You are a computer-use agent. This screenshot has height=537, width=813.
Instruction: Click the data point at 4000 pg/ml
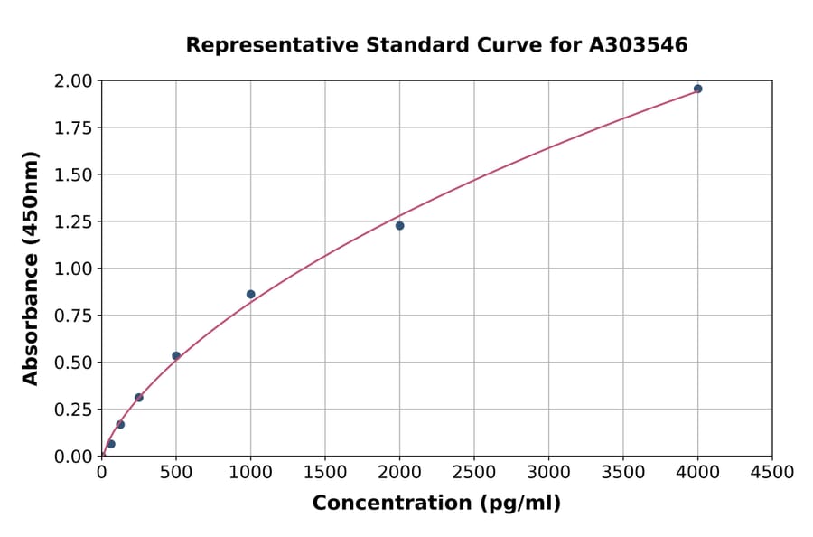(697, 89)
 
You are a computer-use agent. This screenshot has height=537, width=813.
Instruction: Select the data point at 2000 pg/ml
(399, 226)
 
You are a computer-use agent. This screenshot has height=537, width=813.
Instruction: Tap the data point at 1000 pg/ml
(250, 294)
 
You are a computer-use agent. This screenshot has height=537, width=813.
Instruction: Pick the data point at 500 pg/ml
(176, 356)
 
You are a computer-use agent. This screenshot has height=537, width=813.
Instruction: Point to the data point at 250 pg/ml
(139, 398)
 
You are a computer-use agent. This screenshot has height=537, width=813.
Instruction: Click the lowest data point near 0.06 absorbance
(111, 444)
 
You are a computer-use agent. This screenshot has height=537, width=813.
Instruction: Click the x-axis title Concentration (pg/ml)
(436, 504)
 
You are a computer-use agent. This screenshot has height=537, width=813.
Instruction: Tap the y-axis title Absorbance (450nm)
(31, 268)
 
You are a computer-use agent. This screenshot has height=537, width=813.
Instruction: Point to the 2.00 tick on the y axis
(74, 81)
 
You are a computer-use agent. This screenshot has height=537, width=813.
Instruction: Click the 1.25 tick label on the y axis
(74, 221)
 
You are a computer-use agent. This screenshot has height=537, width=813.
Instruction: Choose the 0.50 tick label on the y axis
(74, 363)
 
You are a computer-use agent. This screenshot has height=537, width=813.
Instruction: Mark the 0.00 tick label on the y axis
(74, 457)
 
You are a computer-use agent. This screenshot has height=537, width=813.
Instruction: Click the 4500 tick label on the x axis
(771, 473)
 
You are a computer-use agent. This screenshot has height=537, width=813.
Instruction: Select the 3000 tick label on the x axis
(548, 473)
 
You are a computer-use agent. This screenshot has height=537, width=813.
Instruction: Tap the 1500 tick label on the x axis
(325, 473)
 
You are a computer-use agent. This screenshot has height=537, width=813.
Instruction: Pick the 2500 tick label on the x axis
(473, 473)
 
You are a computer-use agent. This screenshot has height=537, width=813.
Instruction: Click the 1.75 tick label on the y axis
(74, 128)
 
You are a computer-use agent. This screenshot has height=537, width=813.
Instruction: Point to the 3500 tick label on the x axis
(622, 473)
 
